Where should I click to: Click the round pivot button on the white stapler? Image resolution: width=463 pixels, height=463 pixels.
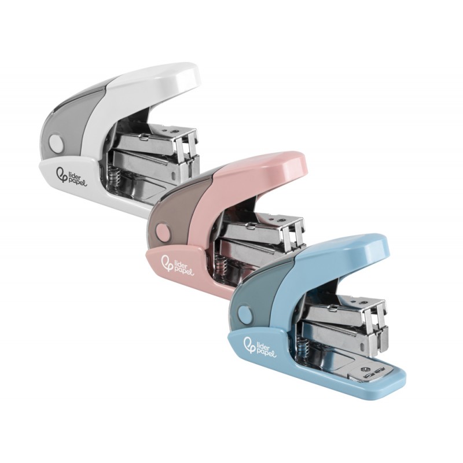pyautogui.click(x=57, y=142)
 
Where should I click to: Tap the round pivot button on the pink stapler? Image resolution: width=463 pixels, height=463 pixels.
pyautogui.click(x=163, y=230)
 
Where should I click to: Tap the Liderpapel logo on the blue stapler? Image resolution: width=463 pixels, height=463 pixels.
pyautogui.click(x=259, y=345)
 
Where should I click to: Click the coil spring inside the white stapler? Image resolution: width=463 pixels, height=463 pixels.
pyautogui.click(x=113, y=177)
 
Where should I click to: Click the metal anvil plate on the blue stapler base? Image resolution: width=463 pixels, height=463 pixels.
pyautogui.click(x=368, y=374)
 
